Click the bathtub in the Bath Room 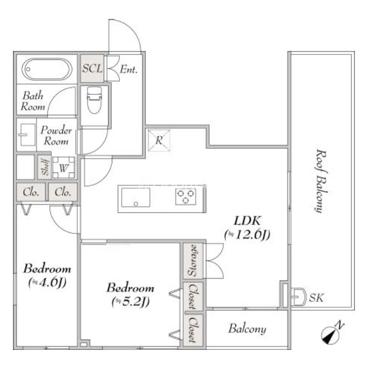click(47, 70)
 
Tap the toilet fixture click(95, 100)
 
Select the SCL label click(92, 68)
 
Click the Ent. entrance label click(129, 70)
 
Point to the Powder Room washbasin click(28, 135)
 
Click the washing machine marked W click(64, 168)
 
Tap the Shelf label click(45, 167)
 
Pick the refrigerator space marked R click(159, 141)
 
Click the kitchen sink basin click(136, 197)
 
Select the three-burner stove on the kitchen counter click(186, 196)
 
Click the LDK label click(247, 221)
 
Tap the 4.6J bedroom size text click(47, 283)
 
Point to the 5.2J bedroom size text click(131, 302)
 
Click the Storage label click(193, 260)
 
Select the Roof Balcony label click(321, 181)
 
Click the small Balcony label click(247, 329)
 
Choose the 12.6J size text click(247, 235)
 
